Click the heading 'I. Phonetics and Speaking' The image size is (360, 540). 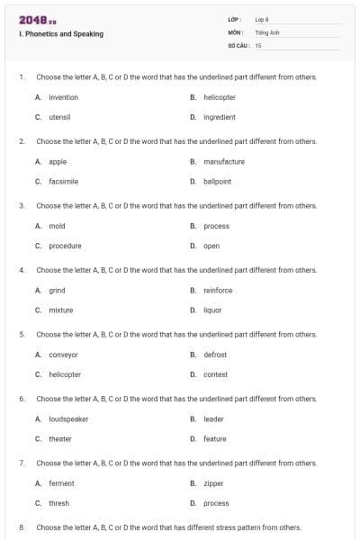click(60, 34)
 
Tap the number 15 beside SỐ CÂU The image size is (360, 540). click(258, 44)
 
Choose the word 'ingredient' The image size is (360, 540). click(220, 117)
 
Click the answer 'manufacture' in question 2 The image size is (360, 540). click(224, 161)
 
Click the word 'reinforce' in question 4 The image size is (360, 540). click(218, 290)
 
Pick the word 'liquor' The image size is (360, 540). click(212, 310)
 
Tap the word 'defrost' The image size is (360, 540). click(215, 355)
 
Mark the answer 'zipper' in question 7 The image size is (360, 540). click(213, 483)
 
